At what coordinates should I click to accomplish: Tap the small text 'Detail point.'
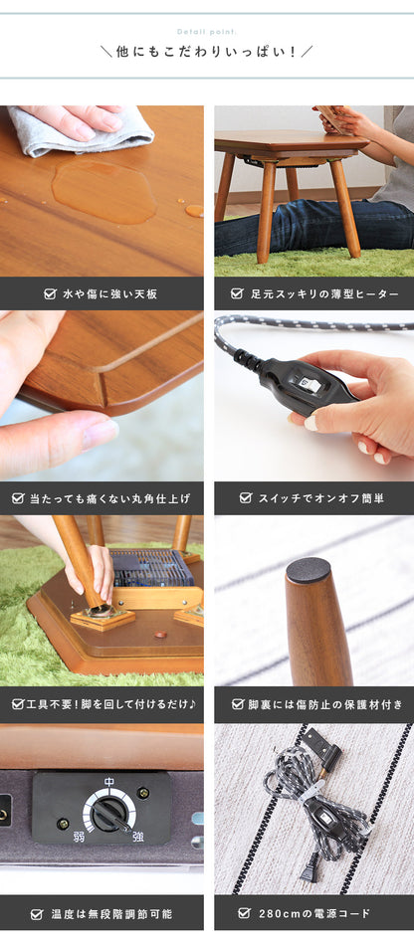pyautogui.click(x=207, y=32)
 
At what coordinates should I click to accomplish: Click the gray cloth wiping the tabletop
pyautogui.click(x=79, y=130)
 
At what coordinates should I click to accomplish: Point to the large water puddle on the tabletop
pyautogui.click(x=103, y=191)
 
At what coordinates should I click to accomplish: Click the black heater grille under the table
pyautogui.click(x=151, y=568)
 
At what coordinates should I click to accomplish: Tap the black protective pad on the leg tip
pyautogui.click(x=309, y=571)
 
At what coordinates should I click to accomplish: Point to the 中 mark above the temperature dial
pyautogui.click(x=109, y=782)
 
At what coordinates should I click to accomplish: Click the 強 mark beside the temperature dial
pyautogui.click(x=138, y=838)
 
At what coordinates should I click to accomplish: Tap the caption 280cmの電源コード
pyautogui.click(x=313, y=913)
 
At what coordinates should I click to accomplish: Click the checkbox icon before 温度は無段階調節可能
pyautogui.click(x=37, y=914)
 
